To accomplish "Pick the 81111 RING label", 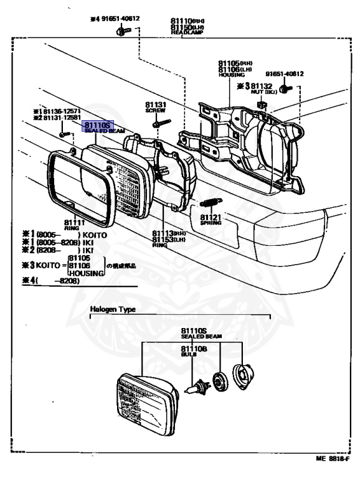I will (x=74, y=222).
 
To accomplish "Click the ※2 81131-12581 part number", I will (x=60, y=118).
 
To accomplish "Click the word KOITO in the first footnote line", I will (x=95, y=235).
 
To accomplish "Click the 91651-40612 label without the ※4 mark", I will (x=283, y=73).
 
